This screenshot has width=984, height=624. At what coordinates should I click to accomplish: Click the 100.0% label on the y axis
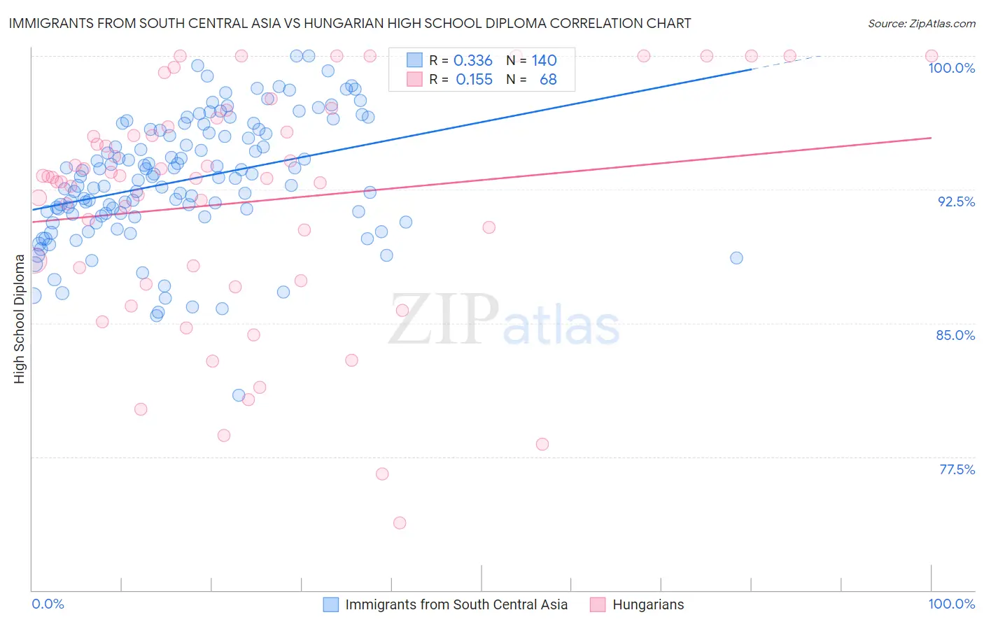point(951,68)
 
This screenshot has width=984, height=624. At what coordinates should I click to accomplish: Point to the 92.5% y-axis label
point(956,201)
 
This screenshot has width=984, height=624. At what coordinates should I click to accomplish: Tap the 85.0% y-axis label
point(955,335)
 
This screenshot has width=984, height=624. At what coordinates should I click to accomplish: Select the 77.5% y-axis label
point(957,469)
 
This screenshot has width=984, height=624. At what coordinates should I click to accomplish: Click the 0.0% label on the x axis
point(48,604)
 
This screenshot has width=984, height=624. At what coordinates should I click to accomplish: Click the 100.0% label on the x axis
point(951,604)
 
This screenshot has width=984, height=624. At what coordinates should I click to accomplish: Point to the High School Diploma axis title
point(20,319)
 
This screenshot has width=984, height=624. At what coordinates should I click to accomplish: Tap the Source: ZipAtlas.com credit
point(921,23)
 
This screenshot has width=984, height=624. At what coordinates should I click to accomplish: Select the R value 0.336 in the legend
point(473,61)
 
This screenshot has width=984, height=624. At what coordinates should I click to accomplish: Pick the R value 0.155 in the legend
point(474,80)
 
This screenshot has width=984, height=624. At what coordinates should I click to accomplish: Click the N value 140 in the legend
point(544,61)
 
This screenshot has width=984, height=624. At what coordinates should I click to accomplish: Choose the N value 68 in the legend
point(548,80)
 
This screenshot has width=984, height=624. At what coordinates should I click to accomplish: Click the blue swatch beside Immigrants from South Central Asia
point(330,604)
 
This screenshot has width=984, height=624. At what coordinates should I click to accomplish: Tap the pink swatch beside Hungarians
point(598,604)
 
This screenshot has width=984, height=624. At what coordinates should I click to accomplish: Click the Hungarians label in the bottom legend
point(648,604)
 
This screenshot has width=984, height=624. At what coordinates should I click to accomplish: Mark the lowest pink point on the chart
point(400,523)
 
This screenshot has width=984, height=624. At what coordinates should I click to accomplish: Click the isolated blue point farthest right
point(736,257)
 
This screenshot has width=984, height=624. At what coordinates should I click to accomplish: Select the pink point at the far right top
point(932,56)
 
